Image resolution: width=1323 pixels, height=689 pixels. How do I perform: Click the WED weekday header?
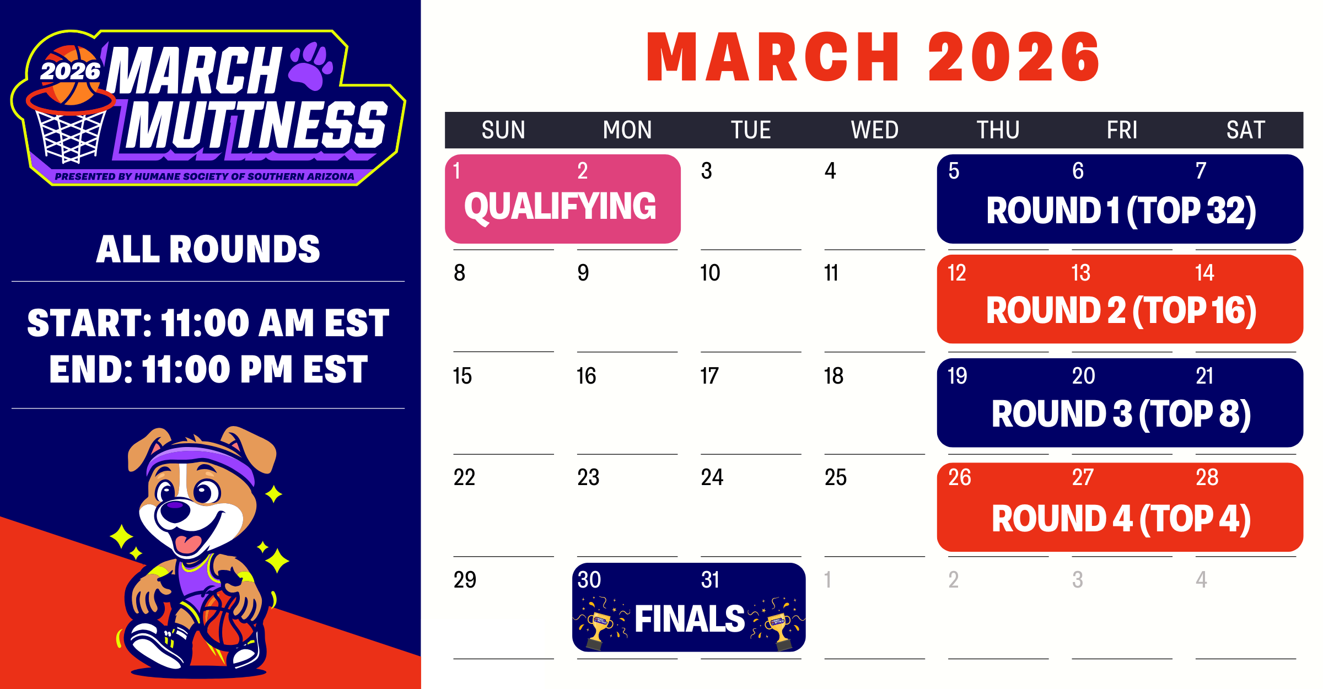[874, 130]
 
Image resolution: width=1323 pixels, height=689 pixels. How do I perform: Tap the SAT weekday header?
[1245, 130]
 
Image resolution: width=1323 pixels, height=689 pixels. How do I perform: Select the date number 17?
[709, 376]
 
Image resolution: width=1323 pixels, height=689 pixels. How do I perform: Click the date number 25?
[835, 477]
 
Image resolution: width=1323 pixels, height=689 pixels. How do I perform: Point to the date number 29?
[465, 580]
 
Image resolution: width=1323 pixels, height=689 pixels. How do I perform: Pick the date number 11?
[831, 273]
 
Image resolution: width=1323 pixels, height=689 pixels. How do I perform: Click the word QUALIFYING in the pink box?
[560, 207]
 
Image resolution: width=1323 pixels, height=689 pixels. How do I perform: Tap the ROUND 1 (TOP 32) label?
[1121, 211]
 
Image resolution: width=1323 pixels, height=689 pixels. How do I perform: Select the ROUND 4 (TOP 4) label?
[1121, 519]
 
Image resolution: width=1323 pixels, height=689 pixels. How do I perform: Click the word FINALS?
[690, 618]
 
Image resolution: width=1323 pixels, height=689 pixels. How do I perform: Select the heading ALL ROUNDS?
[208, 249]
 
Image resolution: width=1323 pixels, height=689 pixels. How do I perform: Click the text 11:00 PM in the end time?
[217, 369]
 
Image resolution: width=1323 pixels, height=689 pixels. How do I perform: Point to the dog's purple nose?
[176, 505]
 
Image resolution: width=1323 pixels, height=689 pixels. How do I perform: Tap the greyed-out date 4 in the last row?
[1202, 580]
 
